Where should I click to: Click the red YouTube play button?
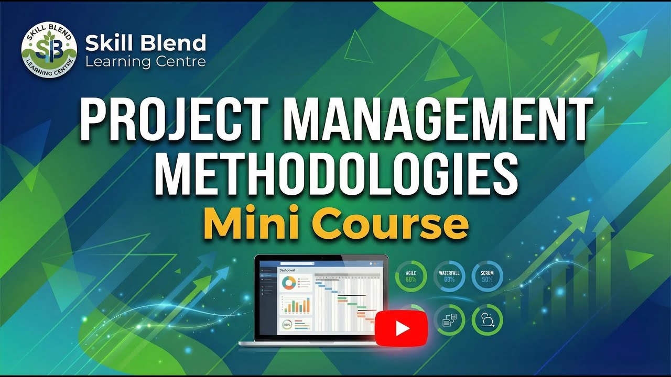402,328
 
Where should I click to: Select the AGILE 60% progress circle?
410,276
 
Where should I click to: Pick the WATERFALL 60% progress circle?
449,276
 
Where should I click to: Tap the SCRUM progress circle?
487,276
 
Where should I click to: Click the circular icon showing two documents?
449,320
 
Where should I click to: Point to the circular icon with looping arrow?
487,320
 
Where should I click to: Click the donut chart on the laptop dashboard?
288,283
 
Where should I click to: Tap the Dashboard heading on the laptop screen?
287,270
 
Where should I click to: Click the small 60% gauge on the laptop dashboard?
287,325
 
